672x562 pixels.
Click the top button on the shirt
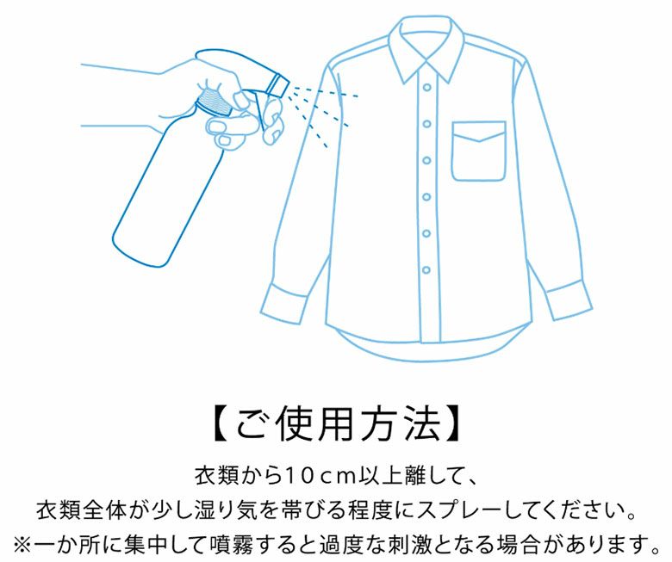pyautogui.click(x=426, y=87)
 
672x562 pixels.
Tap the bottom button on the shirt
pyautogui.click(x=426, y=270)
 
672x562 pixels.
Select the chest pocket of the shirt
pyautogui.click(x=479, y=151)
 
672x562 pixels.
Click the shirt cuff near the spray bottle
pyautogui.click(x=283, y=303)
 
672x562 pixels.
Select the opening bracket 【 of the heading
pyautogui.click(x=223, y=424)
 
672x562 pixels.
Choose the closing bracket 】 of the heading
pyautogui.click(x=452, y=424)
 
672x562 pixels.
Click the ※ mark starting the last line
pyautogui.click(x=22, y=545)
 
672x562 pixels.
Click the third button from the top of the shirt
pyautogui.click(x=426, y=161)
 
